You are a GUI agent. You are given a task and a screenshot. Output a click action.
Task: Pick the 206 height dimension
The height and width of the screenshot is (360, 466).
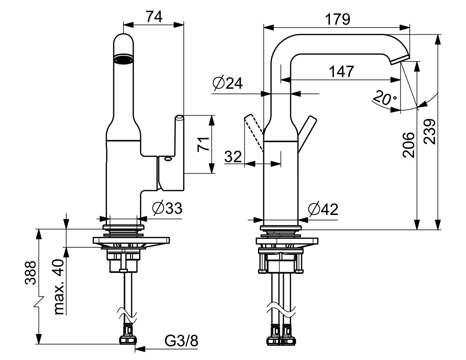[408, 145]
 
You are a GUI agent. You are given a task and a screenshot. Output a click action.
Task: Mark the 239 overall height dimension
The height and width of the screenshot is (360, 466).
[429, 132]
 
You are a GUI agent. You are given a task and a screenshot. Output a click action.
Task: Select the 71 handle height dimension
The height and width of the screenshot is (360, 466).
[204, 144]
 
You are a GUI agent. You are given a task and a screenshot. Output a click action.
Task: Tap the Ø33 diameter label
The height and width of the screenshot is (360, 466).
[167, 208]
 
